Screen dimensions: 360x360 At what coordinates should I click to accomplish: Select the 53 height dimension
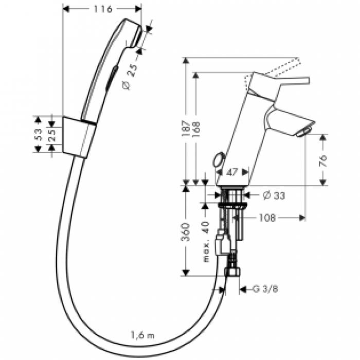coord(38,134)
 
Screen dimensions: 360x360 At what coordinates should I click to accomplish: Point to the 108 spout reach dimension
coord(267,218)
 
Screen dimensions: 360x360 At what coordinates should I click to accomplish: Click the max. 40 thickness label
coord(207,239)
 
